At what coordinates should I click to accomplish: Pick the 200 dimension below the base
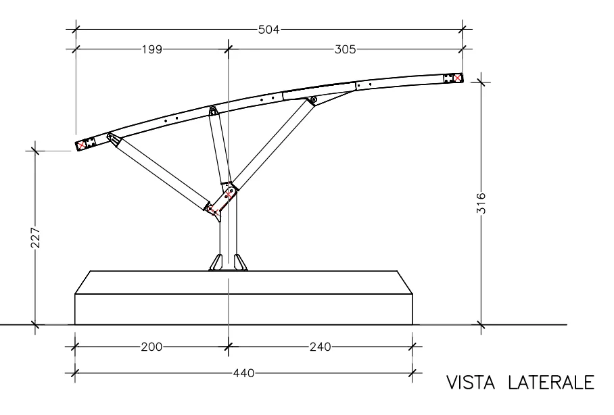pos(151,347)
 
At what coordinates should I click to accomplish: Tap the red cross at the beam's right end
pos(458,78)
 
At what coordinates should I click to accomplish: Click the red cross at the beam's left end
pos(82,145)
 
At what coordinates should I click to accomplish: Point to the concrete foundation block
pos(243,297)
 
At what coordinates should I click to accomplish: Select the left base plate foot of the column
pos(216,262)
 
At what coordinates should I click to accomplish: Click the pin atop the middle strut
pos(212,110)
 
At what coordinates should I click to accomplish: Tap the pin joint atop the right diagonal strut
pos(312,101)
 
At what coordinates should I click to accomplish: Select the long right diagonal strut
pos(270,143)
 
